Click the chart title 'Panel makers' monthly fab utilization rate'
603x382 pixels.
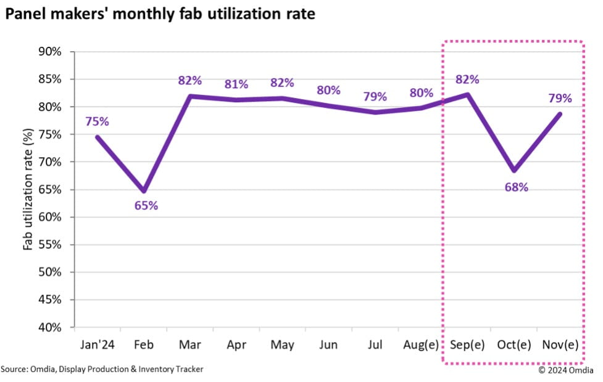point(160,14)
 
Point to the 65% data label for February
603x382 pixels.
point(146,206)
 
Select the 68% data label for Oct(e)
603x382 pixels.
point(516,187)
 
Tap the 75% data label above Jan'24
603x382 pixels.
point(97,121)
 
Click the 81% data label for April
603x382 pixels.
point(236,84)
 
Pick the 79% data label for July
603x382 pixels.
point(375,97)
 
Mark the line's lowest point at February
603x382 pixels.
point(143,191)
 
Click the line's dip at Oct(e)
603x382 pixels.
point(514,171)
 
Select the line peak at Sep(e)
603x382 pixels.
point(467,94)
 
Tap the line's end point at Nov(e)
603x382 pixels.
point(560,113)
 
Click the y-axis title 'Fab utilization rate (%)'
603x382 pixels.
point(28,189)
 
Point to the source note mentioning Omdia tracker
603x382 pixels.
point(102,369)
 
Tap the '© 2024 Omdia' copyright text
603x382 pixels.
point(566,370)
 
